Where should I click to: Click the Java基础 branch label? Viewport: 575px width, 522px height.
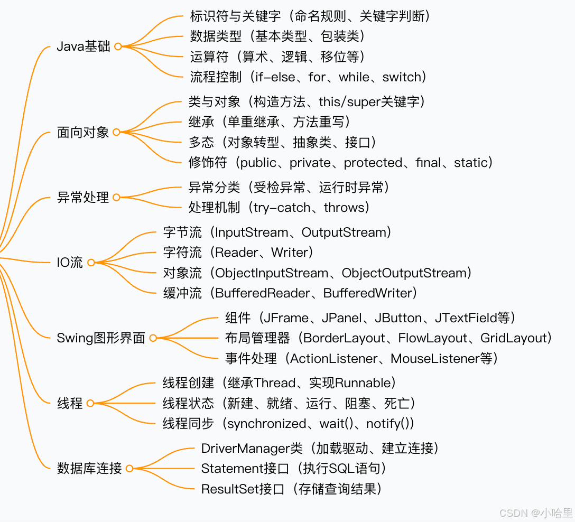click(x=84, y=46)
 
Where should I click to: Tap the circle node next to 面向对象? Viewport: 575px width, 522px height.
click(x=116, y=132)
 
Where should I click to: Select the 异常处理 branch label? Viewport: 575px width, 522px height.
click(x=83, y=198)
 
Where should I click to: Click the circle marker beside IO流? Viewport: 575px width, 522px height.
click(x=91, y=263)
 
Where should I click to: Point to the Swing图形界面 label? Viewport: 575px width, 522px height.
click(x=101, y=338)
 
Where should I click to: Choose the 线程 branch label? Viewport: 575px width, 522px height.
click(x=70, y=403)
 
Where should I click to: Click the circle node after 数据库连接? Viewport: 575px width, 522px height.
click(x=129, y=468)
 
